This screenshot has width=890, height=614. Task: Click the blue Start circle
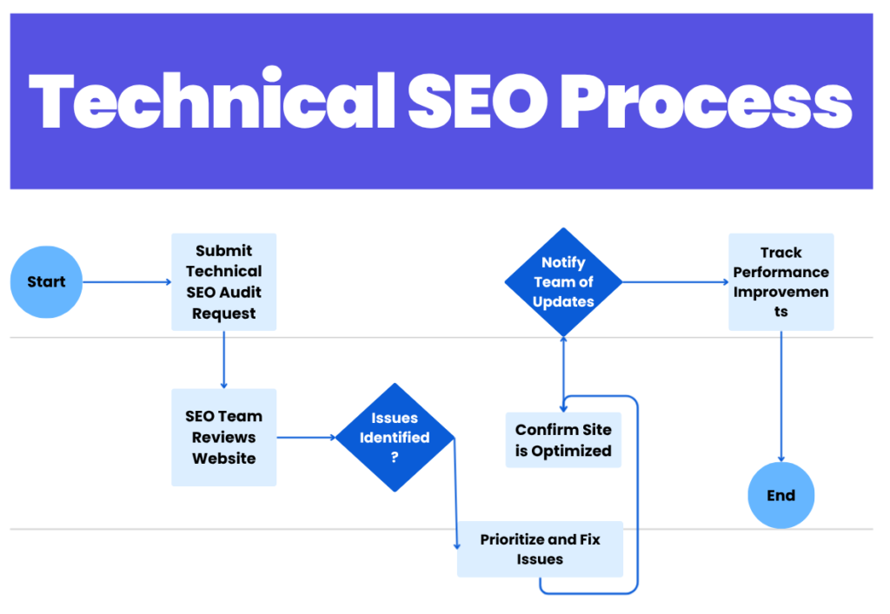(x=46, y=282)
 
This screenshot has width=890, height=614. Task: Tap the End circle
(x=780, y=496)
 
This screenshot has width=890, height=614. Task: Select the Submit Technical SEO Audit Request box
(x=223, y=281)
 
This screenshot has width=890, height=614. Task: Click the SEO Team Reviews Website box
(x=223, y=437)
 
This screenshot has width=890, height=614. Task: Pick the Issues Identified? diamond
(x=395, y=437)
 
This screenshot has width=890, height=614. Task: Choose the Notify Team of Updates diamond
(x=563, y=282)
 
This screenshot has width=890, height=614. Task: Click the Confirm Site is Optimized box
(x=563, y=440)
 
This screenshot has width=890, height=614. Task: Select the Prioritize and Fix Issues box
(x=540, y=549)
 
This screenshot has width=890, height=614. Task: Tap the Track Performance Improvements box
(x=780, y=281)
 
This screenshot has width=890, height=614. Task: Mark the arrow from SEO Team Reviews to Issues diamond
(x=305, y=438)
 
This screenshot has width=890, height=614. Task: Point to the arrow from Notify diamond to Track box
(x=674, y=282)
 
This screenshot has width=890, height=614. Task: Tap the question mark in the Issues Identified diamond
(x=395, y=458)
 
